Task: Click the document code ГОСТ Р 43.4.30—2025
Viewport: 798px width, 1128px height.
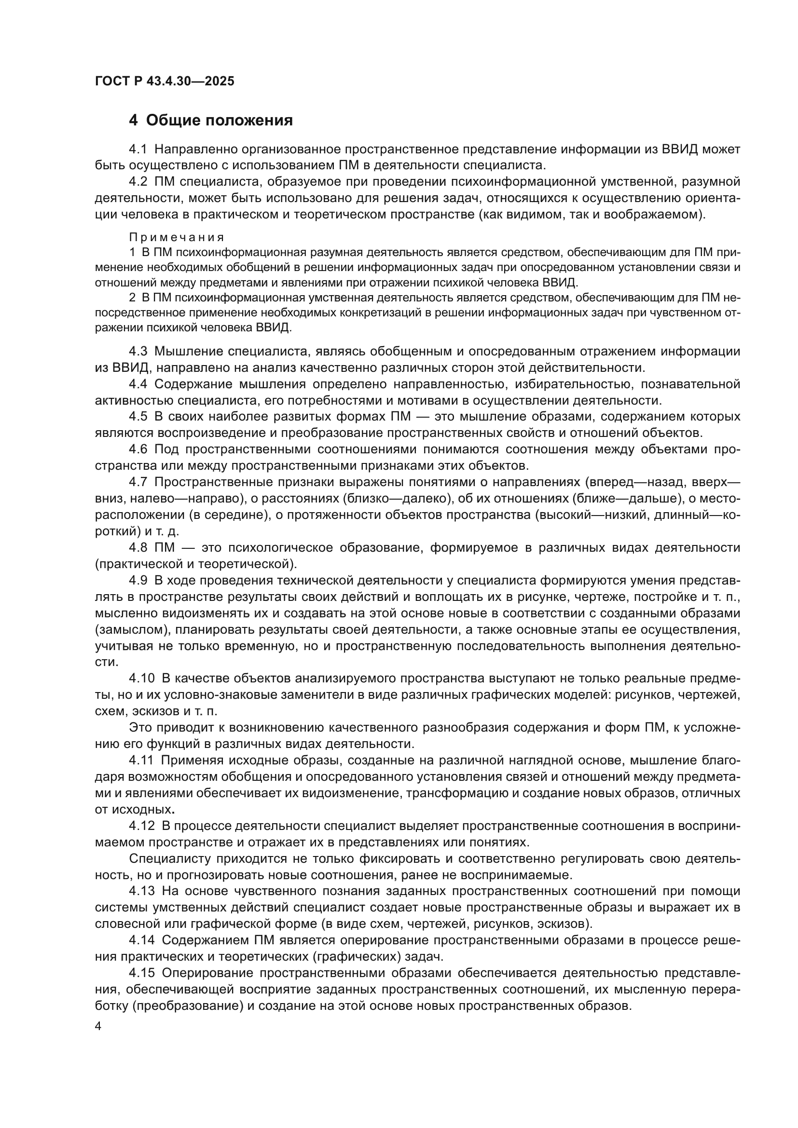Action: (x=165, y=82)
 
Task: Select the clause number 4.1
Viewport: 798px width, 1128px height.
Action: (x=138, y=149)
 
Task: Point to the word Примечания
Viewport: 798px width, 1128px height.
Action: (x=177, y=238)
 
